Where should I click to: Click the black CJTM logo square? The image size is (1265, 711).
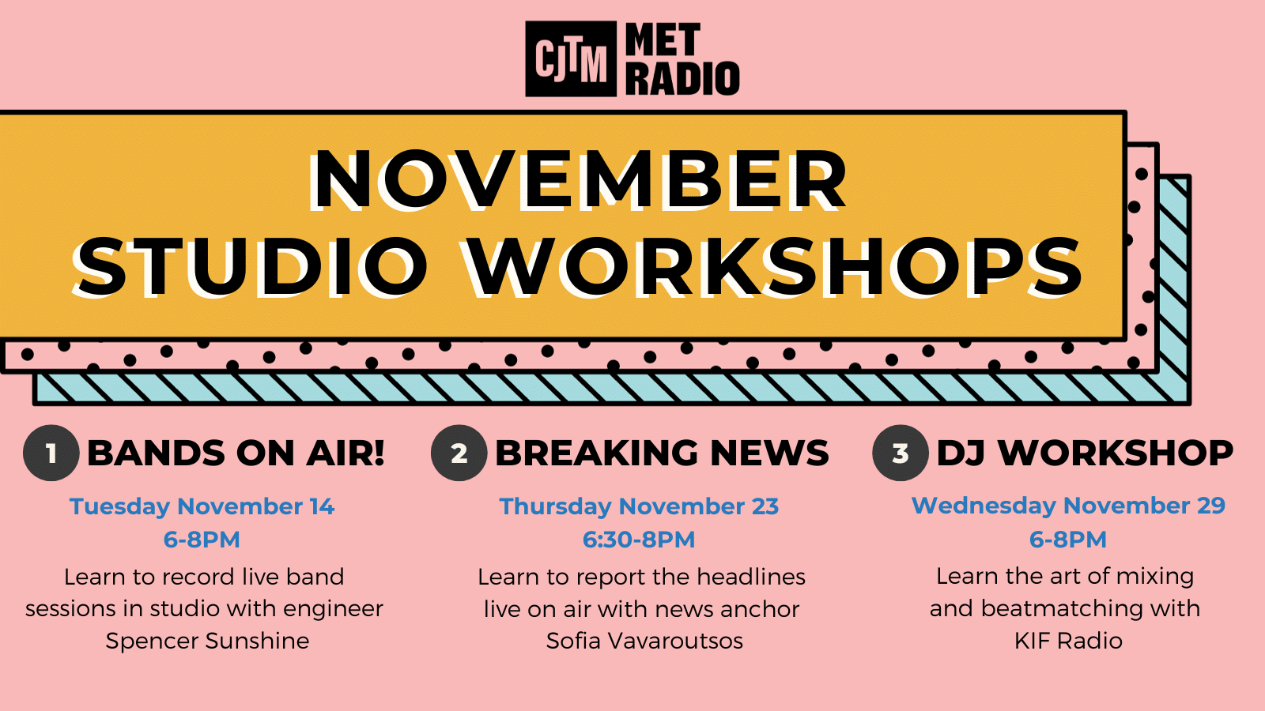pos(570,58)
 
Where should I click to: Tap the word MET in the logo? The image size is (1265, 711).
pos(663,39)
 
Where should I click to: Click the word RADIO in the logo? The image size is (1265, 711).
pos(682,78)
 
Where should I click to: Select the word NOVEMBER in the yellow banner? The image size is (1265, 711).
pos(577,181)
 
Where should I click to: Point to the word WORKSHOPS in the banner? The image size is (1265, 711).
pos(774,267)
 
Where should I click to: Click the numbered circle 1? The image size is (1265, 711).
pos(51,453)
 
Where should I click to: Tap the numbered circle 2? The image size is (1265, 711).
pos(459,453)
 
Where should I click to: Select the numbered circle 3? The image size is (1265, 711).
pos(901,453)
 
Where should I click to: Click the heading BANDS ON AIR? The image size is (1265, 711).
pos(236,453)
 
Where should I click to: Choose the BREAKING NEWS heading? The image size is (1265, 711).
pos(662,453)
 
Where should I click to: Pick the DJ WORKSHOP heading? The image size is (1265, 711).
pos(1085,453)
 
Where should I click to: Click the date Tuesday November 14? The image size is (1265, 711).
pos(202,506)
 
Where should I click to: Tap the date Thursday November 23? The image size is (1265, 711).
pos(639,506)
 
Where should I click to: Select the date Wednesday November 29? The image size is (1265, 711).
pos(1068,506)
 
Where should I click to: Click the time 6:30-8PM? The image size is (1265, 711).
pos(639,540)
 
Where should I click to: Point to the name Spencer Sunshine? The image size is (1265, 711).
pos(207,641)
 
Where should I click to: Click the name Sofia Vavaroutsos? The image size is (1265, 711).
pos(644,641)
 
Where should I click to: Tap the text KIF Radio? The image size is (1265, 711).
pos(1068,641)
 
